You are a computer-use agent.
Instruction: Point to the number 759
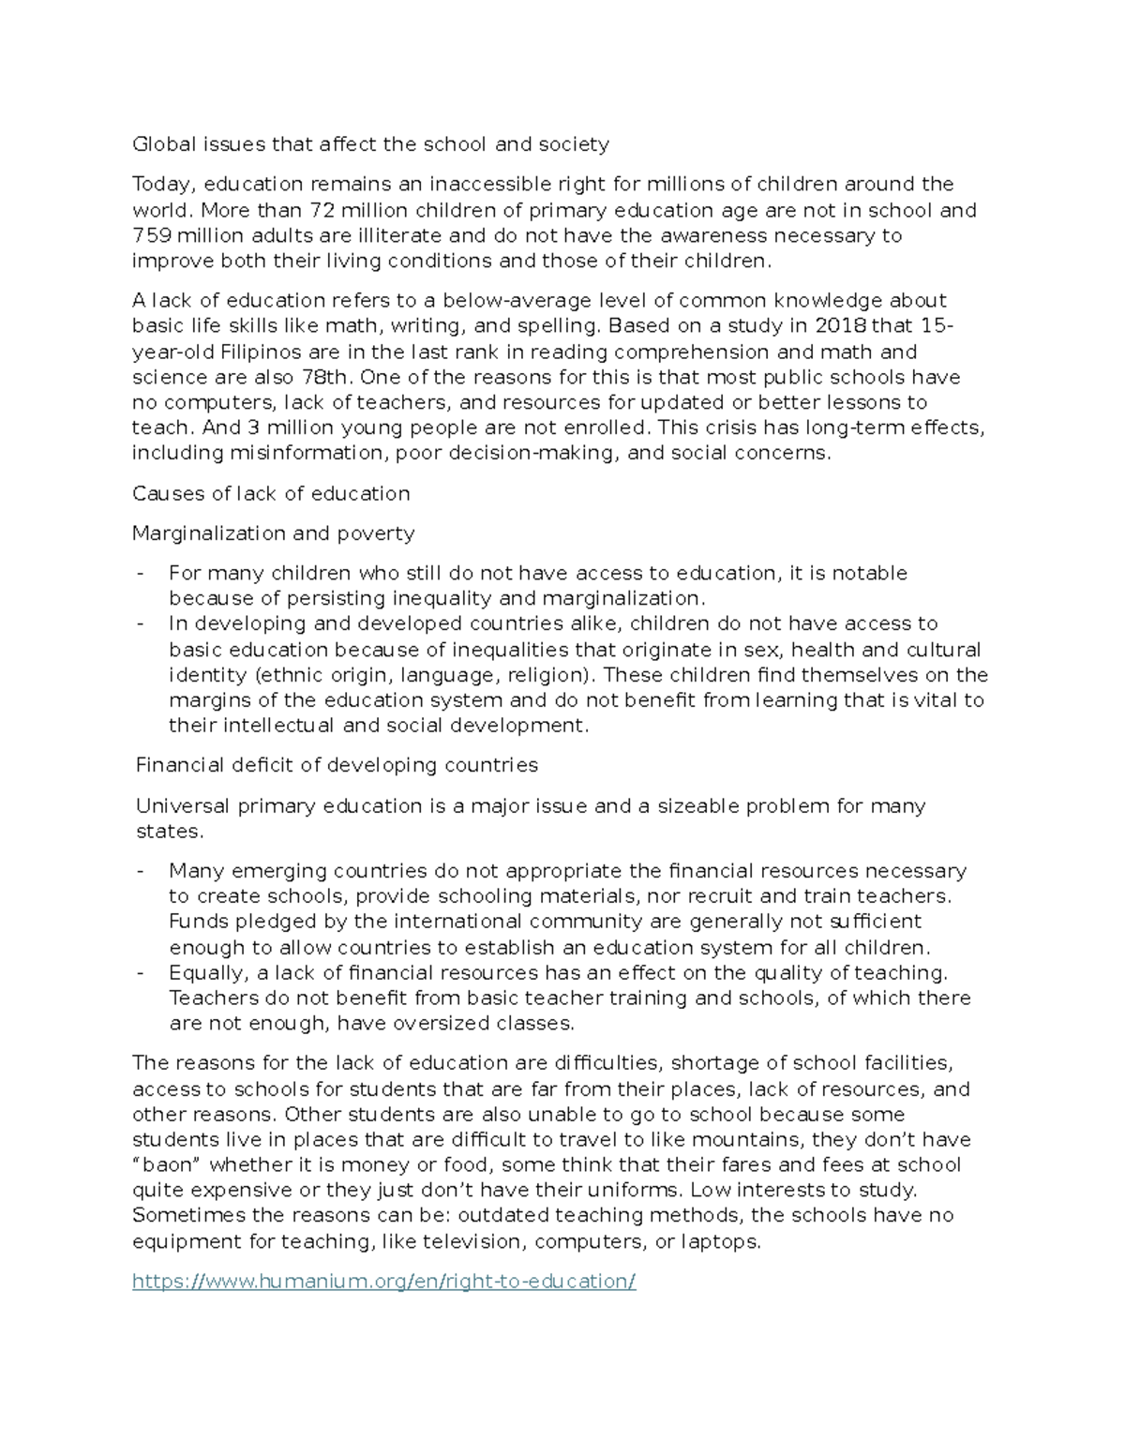coord(151,235)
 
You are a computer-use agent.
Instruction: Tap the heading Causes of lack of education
coord(271,494)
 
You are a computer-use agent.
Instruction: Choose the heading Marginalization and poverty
coord(273,533)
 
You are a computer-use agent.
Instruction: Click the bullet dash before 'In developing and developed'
coord(141,624)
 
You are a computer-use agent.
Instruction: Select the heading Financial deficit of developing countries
coord(337,765)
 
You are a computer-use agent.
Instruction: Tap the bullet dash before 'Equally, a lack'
coord(141,973)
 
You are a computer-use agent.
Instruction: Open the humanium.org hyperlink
coord(383,1282)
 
